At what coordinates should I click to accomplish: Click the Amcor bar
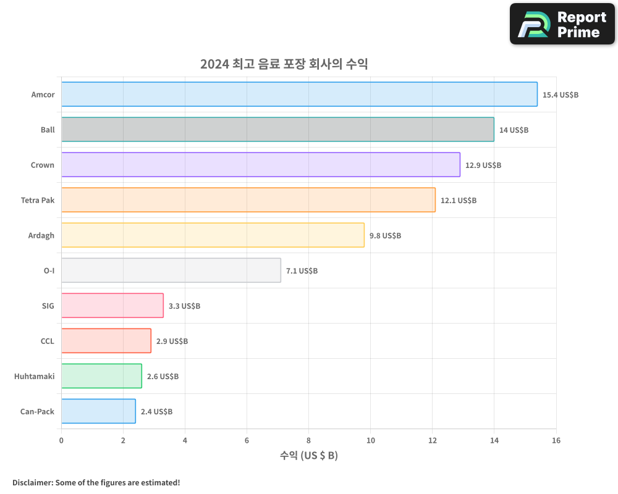point(299,94)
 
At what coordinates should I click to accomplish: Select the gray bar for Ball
point(277,130)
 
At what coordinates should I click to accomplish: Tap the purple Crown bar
point(260,165)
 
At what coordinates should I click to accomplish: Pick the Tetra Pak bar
point(248,200)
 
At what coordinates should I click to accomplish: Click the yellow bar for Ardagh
point(213,235)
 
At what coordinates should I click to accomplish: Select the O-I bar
point(171,270)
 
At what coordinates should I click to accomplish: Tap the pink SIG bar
point(112,306)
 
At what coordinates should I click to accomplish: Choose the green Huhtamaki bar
point(101,376)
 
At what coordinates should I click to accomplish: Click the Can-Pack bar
point(98,411)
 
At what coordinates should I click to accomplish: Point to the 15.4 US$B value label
point(560,95)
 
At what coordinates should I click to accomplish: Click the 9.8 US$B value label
point(385,236)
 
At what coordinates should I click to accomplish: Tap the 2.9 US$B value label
point(172,341)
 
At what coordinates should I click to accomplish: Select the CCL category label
point(47,341)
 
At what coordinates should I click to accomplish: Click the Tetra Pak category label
point(38,200)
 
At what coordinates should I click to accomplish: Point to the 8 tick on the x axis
point(308,440)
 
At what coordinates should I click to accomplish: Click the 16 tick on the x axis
point(556,440)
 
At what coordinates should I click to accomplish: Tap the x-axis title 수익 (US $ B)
point(308,456)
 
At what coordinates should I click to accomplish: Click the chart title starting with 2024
point(284,64)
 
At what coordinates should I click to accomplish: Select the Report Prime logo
point(562,24)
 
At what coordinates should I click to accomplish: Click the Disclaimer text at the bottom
point(96,482)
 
